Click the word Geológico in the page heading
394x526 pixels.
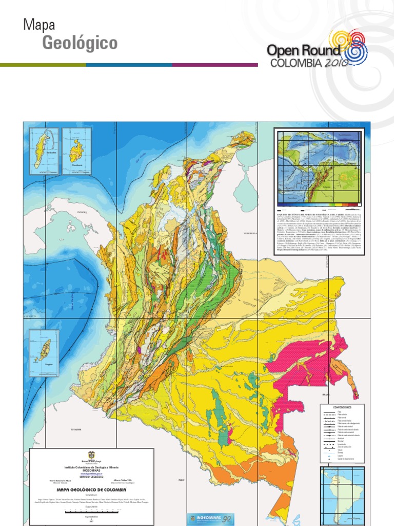coord(80,44)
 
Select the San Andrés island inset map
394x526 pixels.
coord(43,151)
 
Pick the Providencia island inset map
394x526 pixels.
coord(77,151)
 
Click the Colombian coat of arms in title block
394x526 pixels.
coord(91,455)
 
